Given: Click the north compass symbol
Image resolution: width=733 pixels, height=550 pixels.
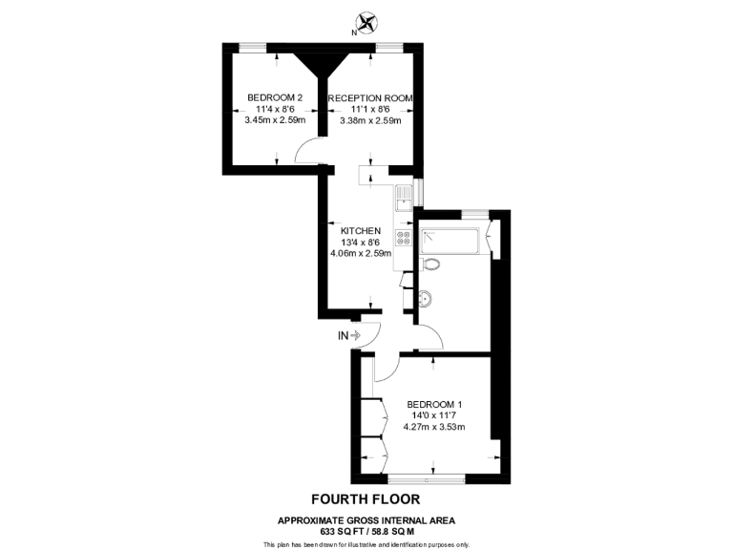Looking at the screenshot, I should (364, 22).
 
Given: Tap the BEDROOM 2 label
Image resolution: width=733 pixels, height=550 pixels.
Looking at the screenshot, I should (275, 97).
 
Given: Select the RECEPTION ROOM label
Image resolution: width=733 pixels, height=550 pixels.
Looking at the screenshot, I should (371, 97).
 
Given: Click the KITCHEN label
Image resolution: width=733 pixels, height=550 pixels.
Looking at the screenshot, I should (361, 231).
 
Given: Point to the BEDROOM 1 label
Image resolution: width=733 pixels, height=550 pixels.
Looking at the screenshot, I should (434, 403).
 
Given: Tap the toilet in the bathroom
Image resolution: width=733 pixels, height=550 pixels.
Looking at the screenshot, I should (430, 265).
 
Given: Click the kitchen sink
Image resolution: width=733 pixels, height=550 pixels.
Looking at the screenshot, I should (405, 197).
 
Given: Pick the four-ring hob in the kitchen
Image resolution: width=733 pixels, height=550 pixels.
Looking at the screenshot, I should (404, 238).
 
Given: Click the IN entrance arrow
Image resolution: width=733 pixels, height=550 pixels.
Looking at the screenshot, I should (348, 335).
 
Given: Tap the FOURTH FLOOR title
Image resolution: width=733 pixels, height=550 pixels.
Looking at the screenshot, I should (366, 498).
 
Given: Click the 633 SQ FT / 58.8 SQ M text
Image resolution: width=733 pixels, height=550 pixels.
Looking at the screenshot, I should (366, 531).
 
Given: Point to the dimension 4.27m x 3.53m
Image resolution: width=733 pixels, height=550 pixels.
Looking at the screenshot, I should (434, 426).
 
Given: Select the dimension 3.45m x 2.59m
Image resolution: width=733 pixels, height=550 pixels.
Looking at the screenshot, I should (275, 120).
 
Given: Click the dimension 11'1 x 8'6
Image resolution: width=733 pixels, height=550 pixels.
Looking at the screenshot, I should (370, 109).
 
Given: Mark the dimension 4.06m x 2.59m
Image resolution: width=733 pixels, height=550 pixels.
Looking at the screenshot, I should (361, 254).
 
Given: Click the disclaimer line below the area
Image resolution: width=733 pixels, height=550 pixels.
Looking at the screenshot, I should (366, 544).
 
